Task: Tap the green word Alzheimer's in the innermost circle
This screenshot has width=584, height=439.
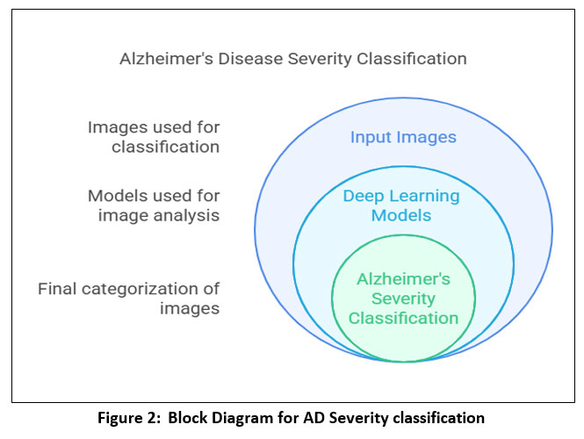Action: point(403,279)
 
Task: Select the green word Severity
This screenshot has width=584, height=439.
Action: point(403,299)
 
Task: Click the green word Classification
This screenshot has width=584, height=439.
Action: point(403,318)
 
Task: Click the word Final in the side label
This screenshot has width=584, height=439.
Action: point(59,289)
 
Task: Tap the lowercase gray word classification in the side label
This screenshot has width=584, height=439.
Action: point(165,148)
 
